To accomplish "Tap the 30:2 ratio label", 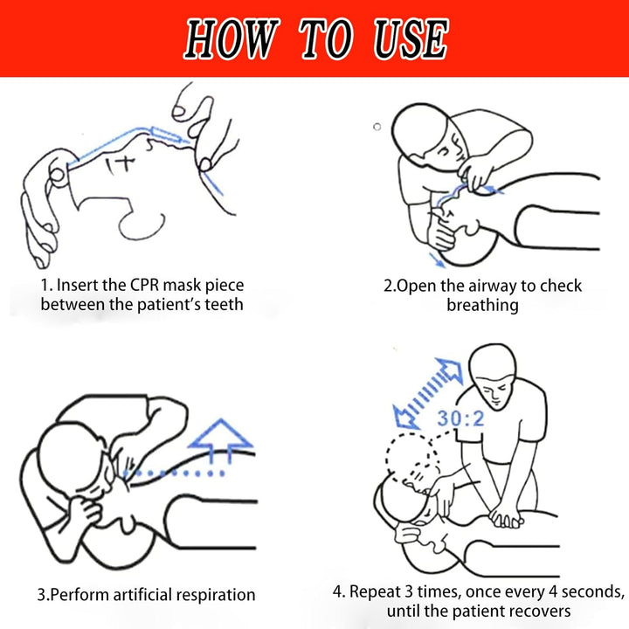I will point(460,418).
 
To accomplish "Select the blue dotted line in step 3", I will point(175,473).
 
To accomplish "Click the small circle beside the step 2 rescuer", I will point(377,127).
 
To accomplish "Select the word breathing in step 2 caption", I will point(482,305).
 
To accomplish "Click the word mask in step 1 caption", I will point(180,286).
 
